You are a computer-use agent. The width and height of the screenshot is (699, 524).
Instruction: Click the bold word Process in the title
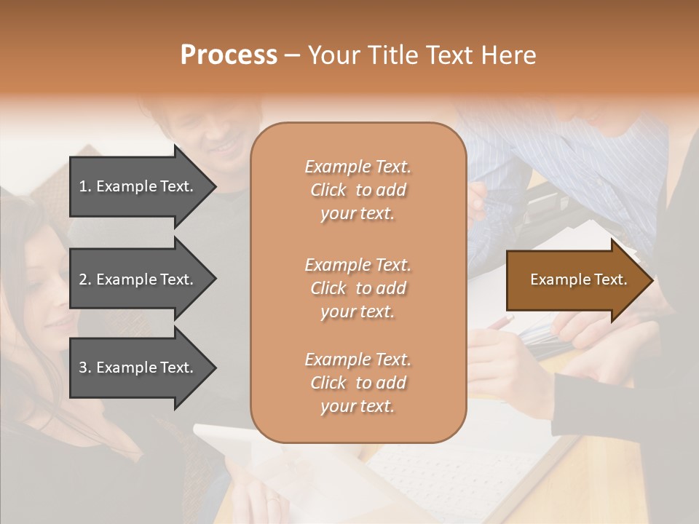(229, 55)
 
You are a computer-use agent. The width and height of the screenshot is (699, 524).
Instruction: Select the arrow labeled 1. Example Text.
(138, 186)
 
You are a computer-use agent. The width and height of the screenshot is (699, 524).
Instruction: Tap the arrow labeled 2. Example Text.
(138, 279)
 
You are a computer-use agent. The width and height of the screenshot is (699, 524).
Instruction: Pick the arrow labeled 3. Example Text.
(138, 368)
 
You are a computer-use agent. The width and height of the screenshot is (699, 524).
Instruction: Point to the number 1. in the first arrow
(85, 186)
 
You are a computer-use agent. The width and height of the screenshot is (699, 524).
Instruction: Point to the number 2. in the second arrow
(85, 279)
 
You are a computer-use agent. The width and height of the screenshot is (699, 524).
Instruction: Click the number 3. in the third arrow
(85, 368)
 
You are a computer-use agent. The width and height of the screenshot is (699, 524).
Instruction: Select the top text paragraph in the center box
(358, 190)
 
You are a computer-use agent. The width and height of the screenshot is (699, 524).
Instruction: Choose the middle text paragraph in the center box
(358, 288)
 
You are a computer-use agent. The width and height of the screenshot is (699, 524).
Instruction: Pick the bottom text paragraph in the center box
(358, 383)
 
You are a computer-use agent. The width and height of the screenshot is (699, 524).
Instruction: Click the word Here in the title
(510, 55)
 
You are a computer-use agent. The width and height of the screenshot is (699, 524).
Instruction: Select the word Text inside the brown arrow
(612, 280)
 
